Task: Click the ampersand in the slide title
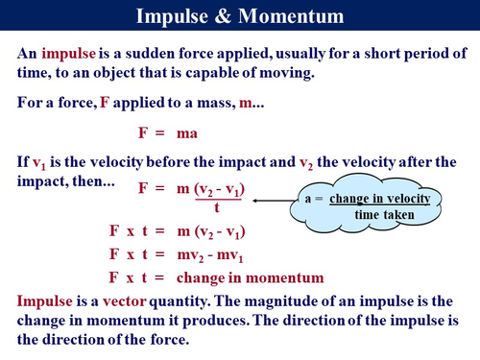[223, 16]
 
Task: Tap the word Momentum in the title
[291, 16]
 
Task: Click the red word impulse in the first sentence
[68, 54]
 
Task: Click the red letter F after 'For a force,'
[105, 103]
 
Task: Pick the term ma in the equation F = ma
[187, 133]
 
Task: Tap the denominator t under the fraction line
[217, 207]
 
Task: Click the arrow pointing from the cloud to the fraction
[274, 201]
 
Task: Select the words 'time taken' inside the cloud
[384, 215]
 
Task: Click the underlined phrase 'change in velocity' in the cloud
[380, 199]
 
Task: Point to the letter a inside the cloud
[308, 200]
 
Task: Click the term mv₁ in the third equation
[230, 255]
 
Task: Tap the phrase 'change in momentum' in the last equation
[250, 278]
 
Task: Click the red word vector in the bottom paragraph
[124, 301]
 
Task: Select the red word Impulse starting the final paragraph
[44, 301]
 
